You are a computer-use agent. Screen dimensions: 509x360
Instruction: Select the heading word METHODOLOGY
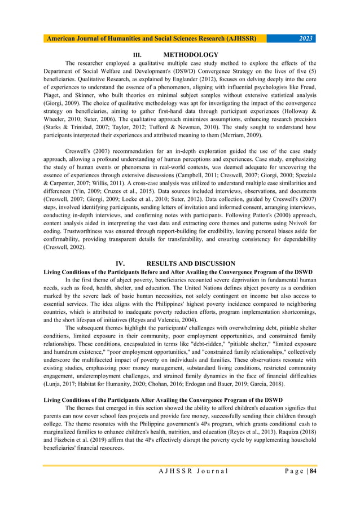[x=190, y=55]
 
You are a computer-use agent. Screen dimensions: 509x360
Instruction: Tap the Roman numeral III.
[x=136, y=55]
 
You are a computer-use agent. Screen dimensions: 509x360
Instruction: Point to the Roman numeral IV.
[x=120, y=264]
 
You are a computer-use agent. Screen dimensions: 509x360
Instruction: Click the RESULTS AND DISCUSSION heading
[x=190, y=264]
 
